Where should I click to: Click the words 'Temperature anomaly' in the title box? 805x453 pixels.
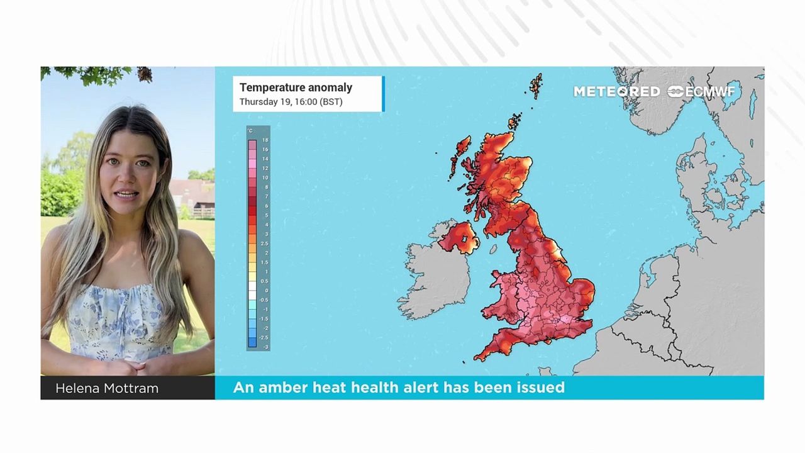point(296,87)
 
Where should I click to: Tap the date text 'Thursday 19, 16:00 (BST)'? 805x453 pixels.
point(291,102)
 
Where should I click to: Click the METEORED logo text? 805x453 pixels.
point(616,92)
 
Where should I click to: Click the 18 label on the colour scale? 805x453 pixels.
point(265,140)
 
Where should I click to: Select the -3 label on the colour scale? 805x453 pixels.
point(265,347)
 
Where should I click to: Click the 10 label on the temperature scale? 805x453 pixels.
point(265,178)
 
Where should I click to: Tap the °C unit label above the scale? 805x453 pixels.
point(250,131)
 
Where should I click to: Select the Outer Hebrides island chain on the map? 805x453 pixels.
point(458,155)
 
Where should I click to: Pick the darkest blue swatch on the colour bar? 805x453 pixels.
point(252,343)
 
